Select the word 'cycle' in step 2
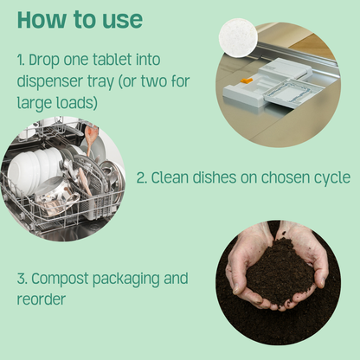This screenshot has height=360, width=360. tap(330, 177)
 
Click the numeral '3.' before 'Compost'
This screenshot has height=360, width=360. tap(23, 279)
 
